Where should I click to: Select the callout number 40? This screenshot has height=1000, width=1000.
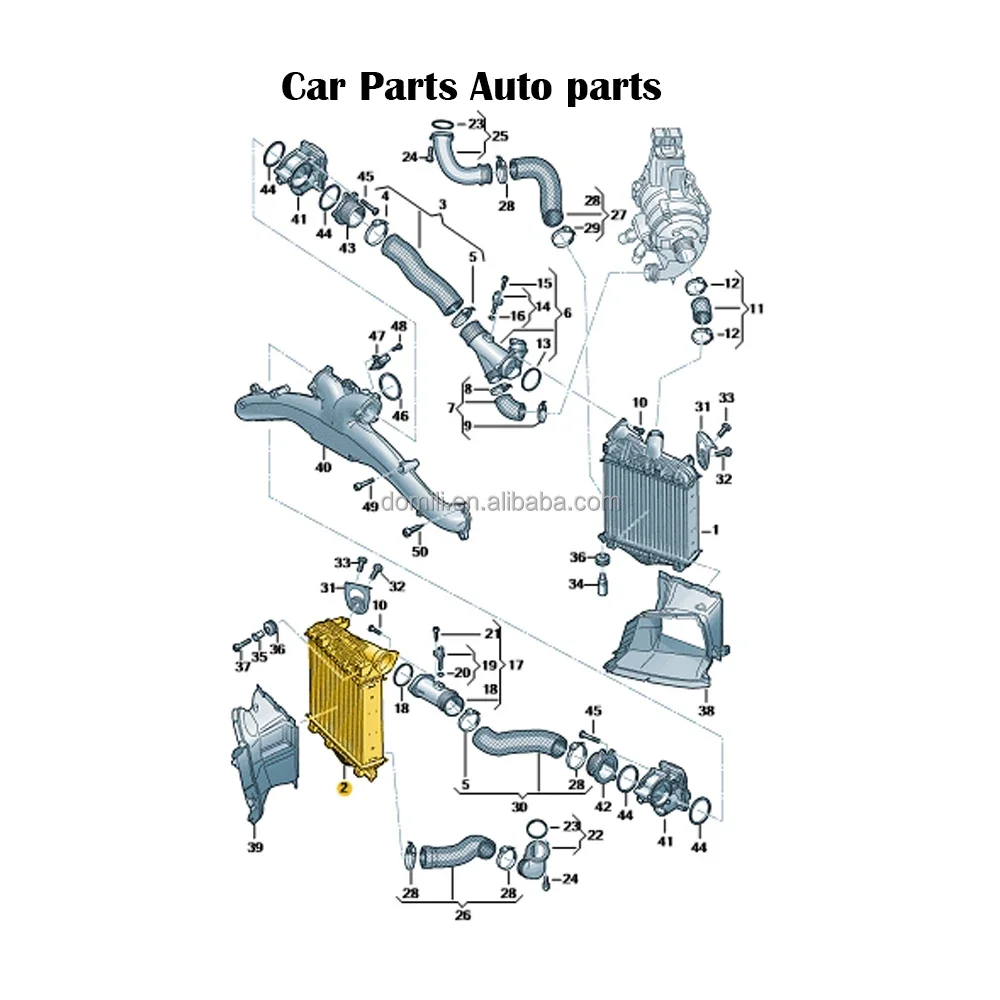322,467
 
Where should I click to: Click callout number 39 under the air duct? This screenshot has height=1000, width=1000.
255,848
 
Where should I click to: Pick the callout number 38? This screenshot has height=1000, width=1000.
707,712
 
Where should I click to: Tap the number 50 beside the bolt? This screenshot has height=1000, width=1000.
419,551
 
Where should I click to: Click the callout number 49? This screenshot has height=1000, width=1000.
370,507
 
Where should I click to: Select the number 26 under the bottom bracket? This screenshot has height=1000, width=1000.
462,915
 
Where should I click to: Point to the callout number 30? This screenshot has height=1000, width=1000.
519,807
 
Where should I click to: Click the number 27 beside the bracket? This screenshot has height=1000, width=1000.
618,214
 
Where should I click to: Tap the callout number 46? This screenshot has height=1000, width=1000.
400,415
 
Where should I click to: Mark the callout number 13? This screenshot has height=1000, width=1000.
543,344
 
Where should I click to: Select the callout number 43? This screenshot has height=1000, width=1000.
347,248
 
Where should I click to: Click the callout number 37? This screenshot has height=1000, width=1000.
243,667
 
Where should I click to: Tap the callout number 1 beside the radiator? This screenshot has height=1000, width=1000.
716,529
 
